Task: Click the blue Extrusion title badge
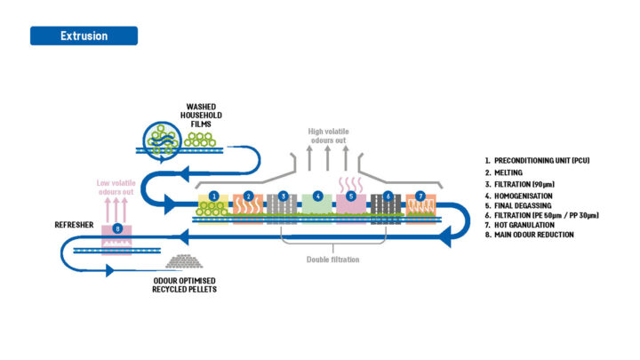[84, 36]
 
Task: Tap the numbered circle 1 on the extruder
[213, 196]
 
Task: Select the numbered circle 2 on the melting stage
[249, 196]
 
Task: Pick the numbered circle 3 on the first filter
[284, 196]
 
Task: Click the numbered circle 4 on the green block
[317, 196]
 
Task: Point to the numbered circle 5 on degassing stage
[352, 196]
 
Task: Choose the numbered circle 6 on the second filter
[387, 196]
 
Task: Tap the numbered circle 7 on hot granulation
[420, 196]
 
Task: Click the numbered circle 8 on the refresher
[119, 229]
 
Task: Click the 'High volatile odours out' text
[329, 138]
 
